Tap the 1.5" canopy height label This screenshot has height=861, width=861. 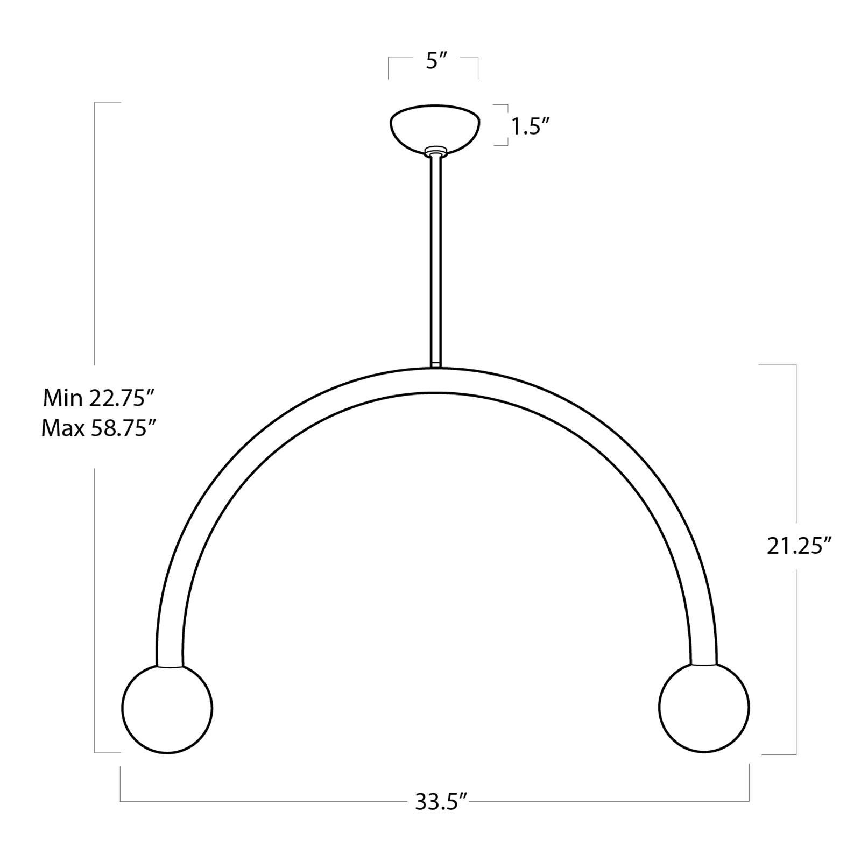click(530, 127)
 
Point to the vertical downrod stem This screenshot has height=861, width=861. click(435, 258)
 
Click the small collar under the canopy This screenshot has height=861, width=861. click(435, 151)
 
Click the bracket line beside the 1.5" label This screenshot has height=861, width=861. click(507, 125)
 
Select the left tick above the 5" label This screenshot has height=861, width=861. click(389, 67)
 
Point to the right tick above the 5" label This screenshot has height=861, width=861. click(477, 67)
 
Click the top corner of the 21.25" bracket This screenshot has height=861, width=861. click(795, 364)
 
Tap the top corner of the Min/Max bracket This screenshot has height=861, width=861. click(95, 102)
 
